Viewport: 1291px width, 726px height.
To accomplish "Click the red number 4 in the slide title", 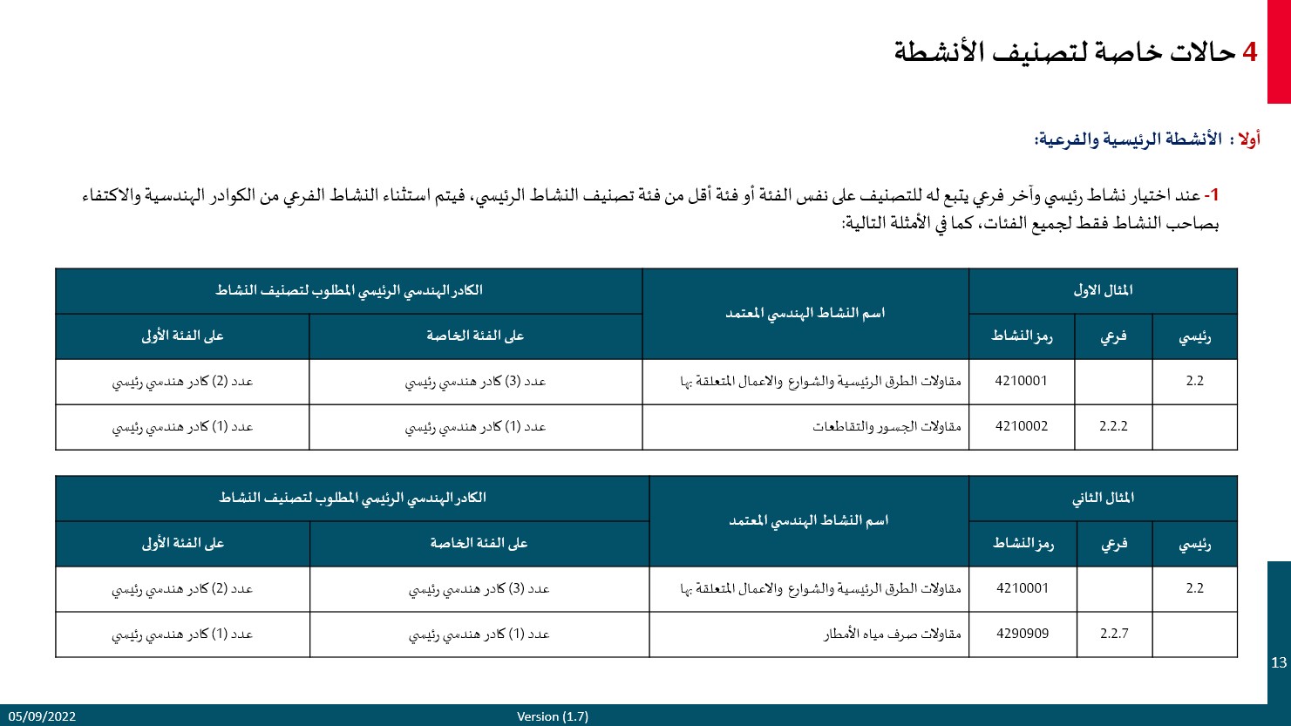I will click(1249, 52).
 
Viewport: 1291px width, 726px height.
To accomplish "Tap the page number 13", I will click(1279, 662).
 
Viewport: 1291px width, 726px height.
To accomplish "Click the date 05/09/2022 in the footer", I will click(43, 716).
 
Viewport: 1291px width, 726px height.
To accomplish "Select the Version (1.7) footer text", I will click(553, 716).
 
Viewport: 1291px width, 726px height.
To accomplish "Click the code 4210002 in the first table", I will click(1022, 426).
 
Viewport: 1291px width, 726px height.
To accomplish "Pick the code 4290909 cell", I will click(1023, 634).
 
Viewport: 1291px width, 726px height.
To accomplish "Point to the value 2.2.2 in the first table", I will click(1113, 426).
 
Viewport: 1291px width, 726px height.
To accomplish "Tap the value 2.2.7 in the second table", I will click(1114, 634).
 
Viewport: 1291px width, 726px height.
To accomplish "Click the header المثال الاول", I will click(1103, 290).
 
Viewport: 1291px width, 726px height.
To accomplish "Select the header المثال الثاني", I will click(1103, 498).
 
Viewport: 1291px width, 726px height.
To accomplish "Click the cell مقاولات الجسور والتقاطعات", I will click(887, 426).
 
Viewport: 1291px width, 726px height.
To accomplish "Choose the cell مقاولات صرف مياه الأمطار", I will click(893, 634).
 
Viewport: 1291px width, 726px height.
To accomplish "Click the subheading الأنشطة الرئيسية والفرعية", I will click(1128, 139).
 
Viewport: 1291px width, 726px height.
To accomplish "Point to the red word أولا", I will click(1249, 139).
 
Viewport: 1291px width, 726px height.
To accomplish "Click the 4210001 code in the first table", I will click(1022, 381).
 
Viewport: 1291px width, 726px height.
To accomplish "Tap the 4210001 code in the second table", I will click(1023, 588).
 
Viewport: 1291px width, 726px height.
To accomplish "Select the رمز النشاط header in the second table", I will click(1023, 543).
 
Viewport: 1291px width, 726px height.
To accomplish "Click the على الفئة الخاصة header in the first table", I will click(475, 336).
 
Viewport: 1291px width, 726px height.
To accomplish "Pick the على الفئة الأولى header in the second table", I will click(182, 543).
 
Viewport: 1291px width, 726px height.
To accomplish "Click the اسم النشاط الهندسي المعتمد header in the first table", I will click(805, 313).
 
